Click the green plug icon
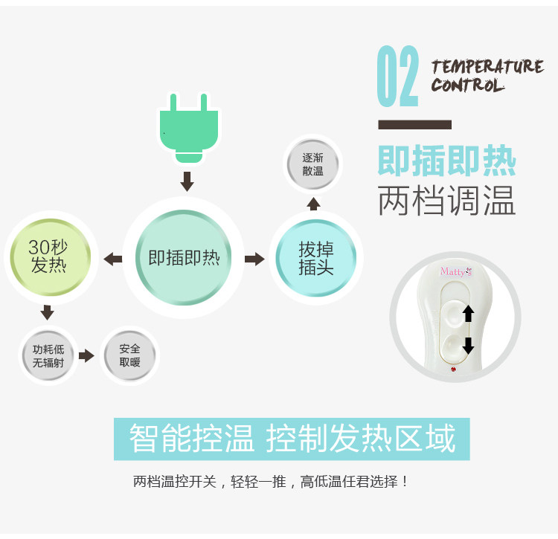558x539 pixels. point(189,127)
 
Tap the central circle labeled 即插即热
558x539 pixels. point(184,258)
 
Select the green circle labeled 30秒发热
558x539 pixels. point(48,256)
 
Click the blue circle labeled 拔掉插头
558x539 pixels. point(315,258)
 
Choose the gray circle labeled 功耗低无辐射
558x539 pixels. point(48,356)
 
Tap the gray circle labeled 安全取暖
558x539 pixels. point(129,356)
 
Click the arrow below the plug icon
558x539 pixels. point(187,181)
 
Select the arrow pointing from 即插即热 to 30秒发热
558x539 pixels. point(113,259)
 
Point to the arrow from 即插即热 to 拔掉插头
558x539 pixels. point(254,259)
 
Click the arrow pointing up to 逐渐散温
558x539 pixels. point(314,204)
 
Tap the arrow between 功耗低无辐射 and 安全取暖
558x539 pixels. point(87,356)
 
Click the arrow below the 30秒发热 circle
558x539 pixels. point(48,312)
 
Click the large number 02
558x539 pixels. point(397,77)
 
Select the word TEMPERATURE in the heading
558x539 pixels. point(487,67)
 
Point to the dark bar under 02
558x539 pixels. point(414,124)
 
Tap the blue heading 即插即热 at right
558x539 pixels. point(446,161)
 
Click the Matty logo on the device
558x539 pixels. point(456,271)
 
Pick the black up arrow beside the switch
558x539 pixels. point(469,313)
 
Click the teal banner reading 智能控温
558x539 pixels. point(292,439)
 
